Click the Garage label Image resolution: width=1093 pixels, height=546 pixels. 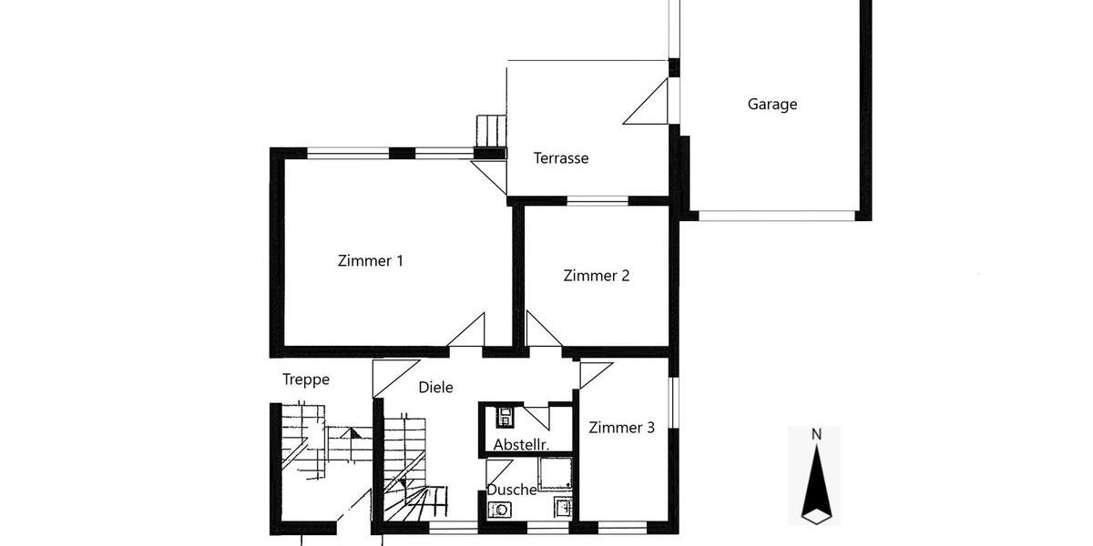pos(772,104)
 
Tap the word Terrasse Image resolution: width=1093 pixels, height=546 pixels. pos(560,158)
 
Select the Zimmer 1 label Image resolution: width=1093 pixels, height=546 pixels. pos(370,261)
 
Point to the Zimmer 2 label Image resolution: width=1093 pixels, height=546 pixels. pos(596,275)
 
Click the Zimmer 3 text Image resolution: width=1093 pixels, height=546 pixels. pos(621,428)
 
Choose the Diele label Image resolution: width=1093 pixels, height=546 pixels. pos(435,387)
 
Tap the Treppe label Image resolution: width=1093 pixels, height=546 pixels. pos(305,379)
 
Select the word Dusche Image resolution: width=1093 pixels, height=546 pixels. pos(511,490)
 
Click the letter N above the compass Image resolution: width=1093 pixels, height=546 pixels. pos(816,434)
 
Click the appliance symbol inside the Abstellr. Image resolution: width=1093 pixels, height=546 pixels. pos(504,418)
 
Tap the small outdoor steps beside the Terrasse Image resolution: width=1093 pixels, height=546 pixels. pos(492,131)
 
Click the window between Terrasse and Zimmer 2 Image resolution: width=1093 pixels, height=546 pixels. pos(598,200)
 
